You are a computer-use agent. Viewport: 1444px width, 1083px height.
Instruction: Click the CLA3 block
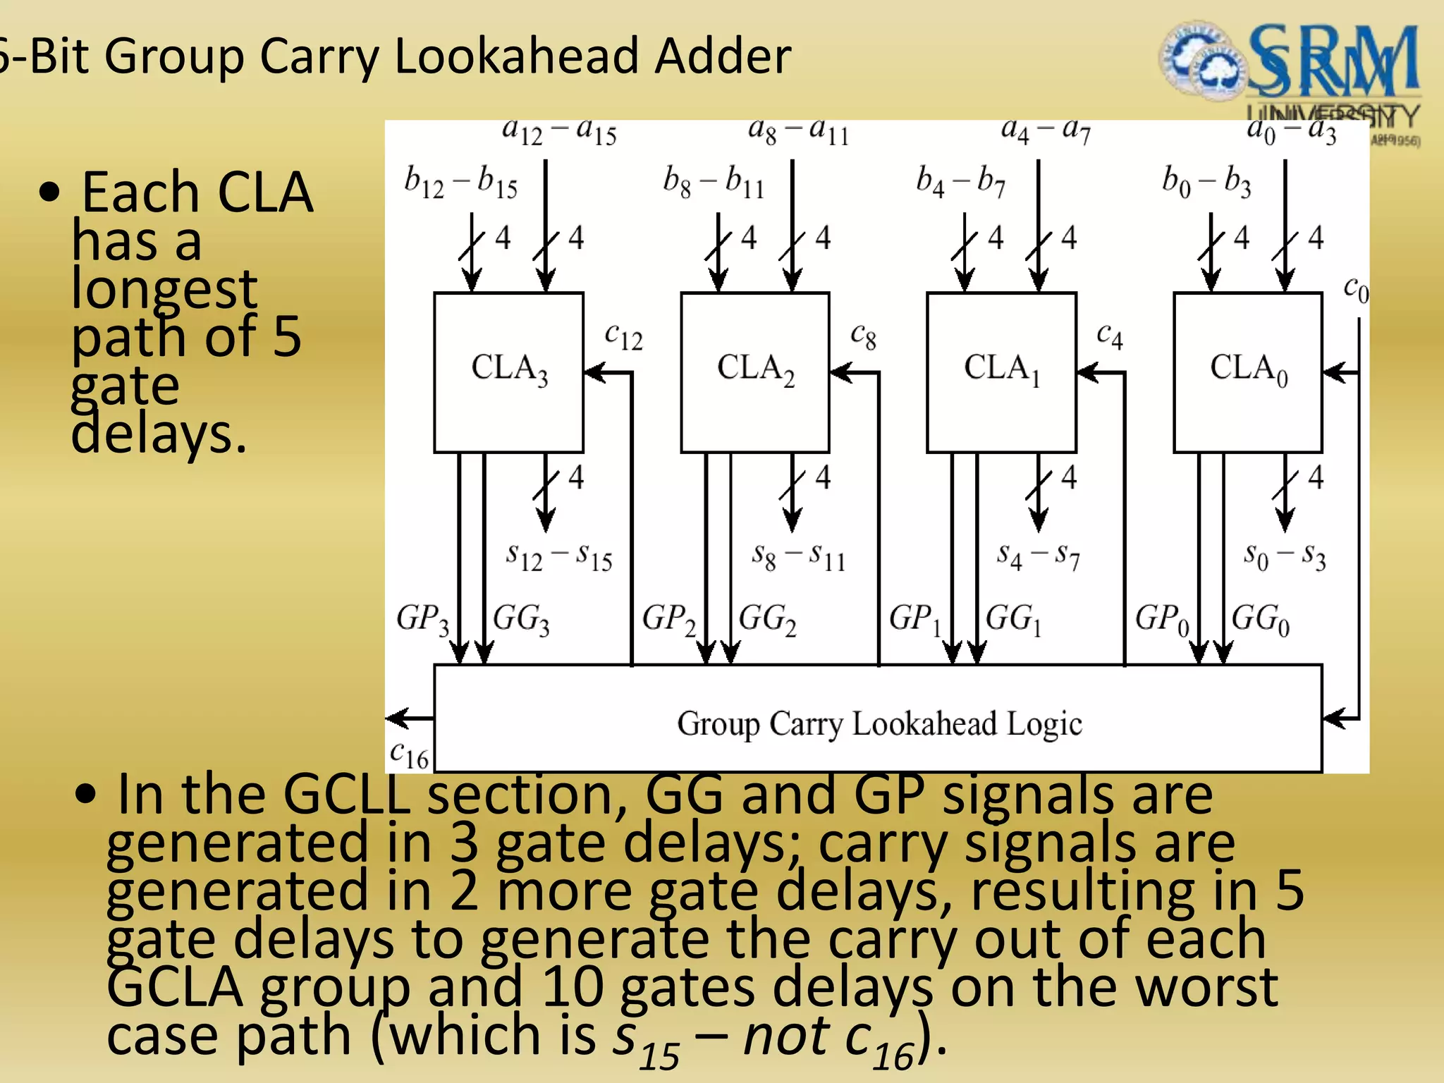pos(508,372)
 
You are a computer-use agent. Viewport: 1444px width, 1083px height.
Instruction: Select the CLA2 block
pos(754,372)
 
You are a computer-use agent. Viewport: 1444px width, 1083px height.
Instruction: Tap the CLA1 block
pos(1001,372)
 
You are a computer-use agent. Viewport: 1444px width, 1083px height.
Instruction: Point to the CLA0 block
pos(1247,372)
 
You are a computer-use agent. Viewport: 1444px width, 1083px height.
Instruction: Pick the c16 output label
pos(409,755)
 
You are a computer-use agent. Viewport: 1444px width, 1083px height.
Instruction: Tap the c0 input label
pos(1355,289)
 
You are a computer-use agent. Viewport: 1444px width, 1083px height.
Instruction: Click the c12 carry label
pos(623,336)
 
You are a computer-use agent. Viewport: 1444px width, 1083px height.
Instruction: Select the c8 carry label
pos(863,336)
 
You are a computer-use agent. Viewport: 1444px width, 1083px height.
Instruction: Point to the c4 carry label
pos(1109,336)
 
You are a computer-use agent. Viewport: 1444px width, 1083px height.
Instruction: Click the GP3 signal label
pos(422,619)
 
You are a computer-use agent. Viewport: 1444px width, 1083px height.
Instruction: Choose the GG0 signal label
pos(1260,620)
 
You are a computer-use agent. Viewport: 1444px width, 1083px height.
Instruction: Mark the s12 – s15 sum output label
pos(559,557)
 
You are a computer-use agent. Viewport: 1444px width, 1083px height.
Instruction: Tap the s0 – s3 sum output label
pos(1284,557)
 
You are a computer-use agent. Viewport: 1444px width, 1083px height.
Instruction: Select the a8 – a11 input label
pos(798,130)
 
